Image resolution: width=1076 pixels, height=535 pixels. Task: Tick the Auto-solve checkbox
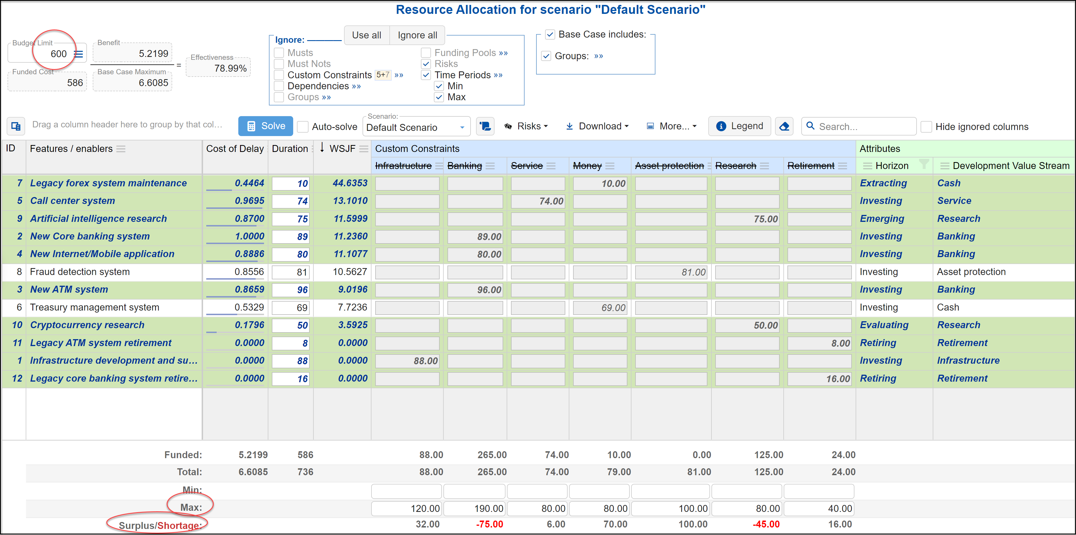coord(303,127)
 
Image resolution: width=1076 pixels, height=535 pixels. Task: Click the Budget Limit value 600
coord(58,54)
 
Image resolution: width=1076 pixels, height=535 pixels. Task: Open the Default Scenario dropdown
coord(416,127)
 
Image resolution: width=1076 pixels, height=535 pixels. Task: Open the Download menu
coord(597,126)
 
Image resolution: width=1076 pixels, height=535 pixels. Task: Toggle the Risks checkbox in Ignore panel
coord(426,64)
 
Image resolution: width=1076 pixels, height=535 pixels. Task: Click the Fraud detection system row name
coord(80,272)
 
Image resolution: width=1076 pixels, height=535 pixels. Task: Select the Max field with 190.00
coord(475,508)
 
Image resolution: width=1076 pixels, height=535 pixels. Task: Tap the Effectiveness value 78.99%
coord(230,68)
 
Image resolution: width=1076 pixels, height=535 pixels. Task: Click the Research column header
coord(735,166)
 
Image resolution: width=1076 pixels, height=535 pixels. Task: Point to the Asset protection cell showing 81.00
coord(671,272)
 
